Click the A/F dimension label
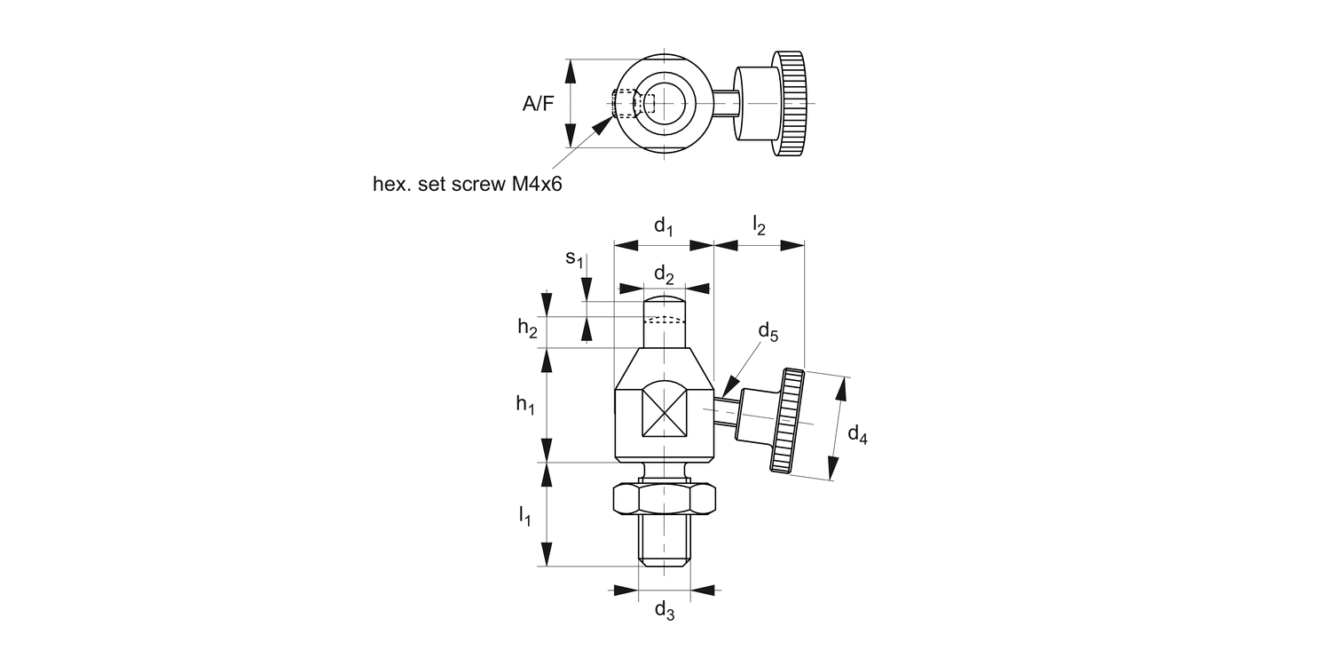[x=538, y=104]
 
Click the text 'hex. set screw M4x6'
[x=469, y=184]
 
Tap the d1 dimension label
[x=664, y=227]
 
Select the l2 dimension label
[x=759, y=226]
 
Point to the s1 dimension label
[x=575, y=258]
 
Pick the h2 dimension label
[x=528, y=328]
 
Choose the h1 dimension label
[x=526, y=404]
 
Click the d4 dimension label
[x=857, y=434]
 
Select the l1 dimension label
[x=524, y=515]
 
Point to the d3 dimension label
[x=664, y=609]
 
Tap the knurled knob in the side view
[x=789, y=422]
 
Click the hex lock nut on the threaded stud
[x=664, y=500]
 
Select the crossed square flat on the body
[x=665, y=408]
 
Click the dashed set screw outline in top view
[x=626, y=104]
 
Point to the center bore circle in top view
[x=665, y=104]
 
